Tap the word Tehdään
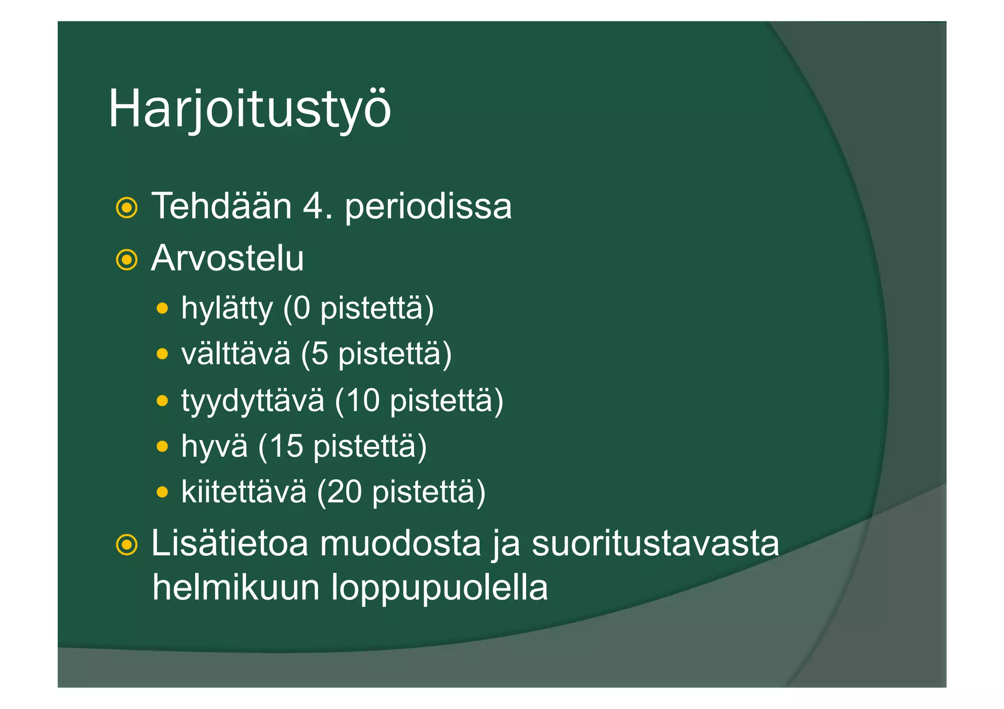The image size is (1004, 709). click(x=222, y=206)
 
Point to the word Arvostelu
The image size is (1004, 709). click(x=227, y=258)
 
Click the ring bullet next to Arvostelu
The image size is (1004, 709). click(x=126, y=260)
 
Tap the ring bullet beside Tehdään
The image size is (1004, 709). click(x=126, y=208)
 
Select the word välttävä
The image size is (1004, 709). click(x=236, y=353)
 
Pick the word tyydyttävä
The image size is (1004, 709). click(x=253, y=400)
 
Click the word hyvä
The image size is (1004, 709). click(x=215, y=446)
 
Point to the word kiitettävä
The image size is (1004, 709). click(x=244, y=491)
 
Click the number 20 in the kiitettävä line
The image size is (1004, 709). click(x=345, y=491)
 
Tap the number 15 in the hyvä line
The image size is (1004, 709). click(x=286, y=446)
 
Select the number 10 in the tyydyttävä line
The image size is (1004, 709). click(x=362, y=400)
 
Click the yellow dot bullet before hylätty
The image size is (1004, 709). click(x=162, y=309)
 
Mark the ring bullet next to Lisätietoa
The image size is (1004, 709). click(x=126, y=545)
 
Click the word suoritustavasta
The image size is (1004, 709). click(x=655, y=543)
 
